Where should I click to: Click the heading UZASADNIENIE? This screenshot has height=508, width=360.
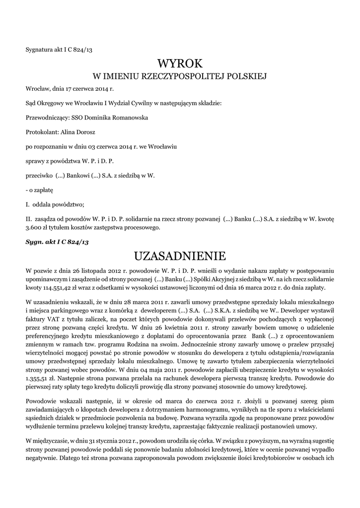pyautogui.click(x=180, y=256)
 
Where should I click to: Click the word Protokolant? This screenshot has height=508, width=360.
pyautogui.click(x=42, y=132)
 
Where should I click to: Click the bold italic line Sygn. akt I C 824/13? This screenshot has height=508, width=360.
pyautogui.click(x=57, y=242)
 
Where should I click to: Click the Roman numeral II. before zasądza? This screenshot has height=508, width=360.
pyautogui.click(x=28, y=219)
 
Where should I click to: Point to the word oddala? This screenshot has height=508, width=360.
pyautogui.click(x=44, y=204)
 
